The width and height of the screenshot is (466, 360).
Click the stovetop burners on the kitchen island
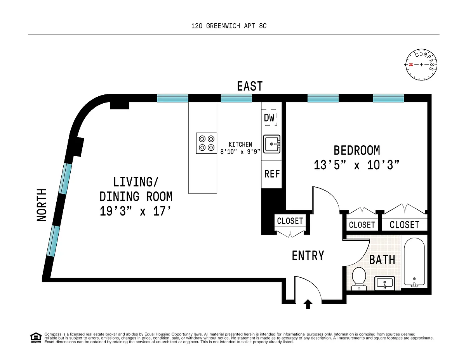[207, 143]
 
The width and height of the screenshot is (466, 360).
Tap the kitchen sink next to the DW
[272, 144]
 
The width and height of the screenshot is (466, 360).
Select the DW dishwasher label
[269, 118]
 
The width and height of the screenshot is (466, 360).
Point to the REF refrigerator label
[272, 174]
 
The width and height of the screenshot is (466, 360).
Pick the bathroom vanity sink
[385, 283]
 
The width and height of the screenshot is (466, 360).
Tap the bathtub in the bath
[414, 262]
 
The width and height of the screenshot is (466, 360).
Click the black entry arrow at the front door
[308, 304]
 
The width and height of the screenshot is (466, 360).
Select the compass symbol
[421, 64]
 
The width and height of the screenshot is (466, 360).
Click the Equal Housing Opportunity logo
[36, 338]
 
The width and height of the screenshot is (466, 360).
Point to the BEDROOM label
[356, 150]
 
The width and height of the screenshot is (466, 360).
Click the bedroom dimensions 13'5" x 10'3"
[356, 165]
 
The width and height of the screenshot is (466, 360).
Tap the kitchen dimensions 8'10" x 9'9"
[240, 151]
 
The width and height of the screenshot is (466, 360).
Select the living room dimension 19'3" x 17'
[135, 211]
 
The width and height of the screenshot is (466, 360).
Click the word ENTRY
[308, 256]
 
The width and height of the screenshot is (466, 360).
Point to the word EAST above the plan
[250, 86]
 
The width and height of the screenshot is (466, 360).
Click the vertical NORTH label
[42, 205]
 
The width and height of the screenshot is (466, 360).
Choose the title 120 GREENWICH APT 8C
[229, 26]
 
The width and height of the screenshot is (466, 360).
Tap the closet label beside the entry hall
[290, 221]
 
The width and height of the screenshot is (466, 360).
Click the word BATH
[382, 260]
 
